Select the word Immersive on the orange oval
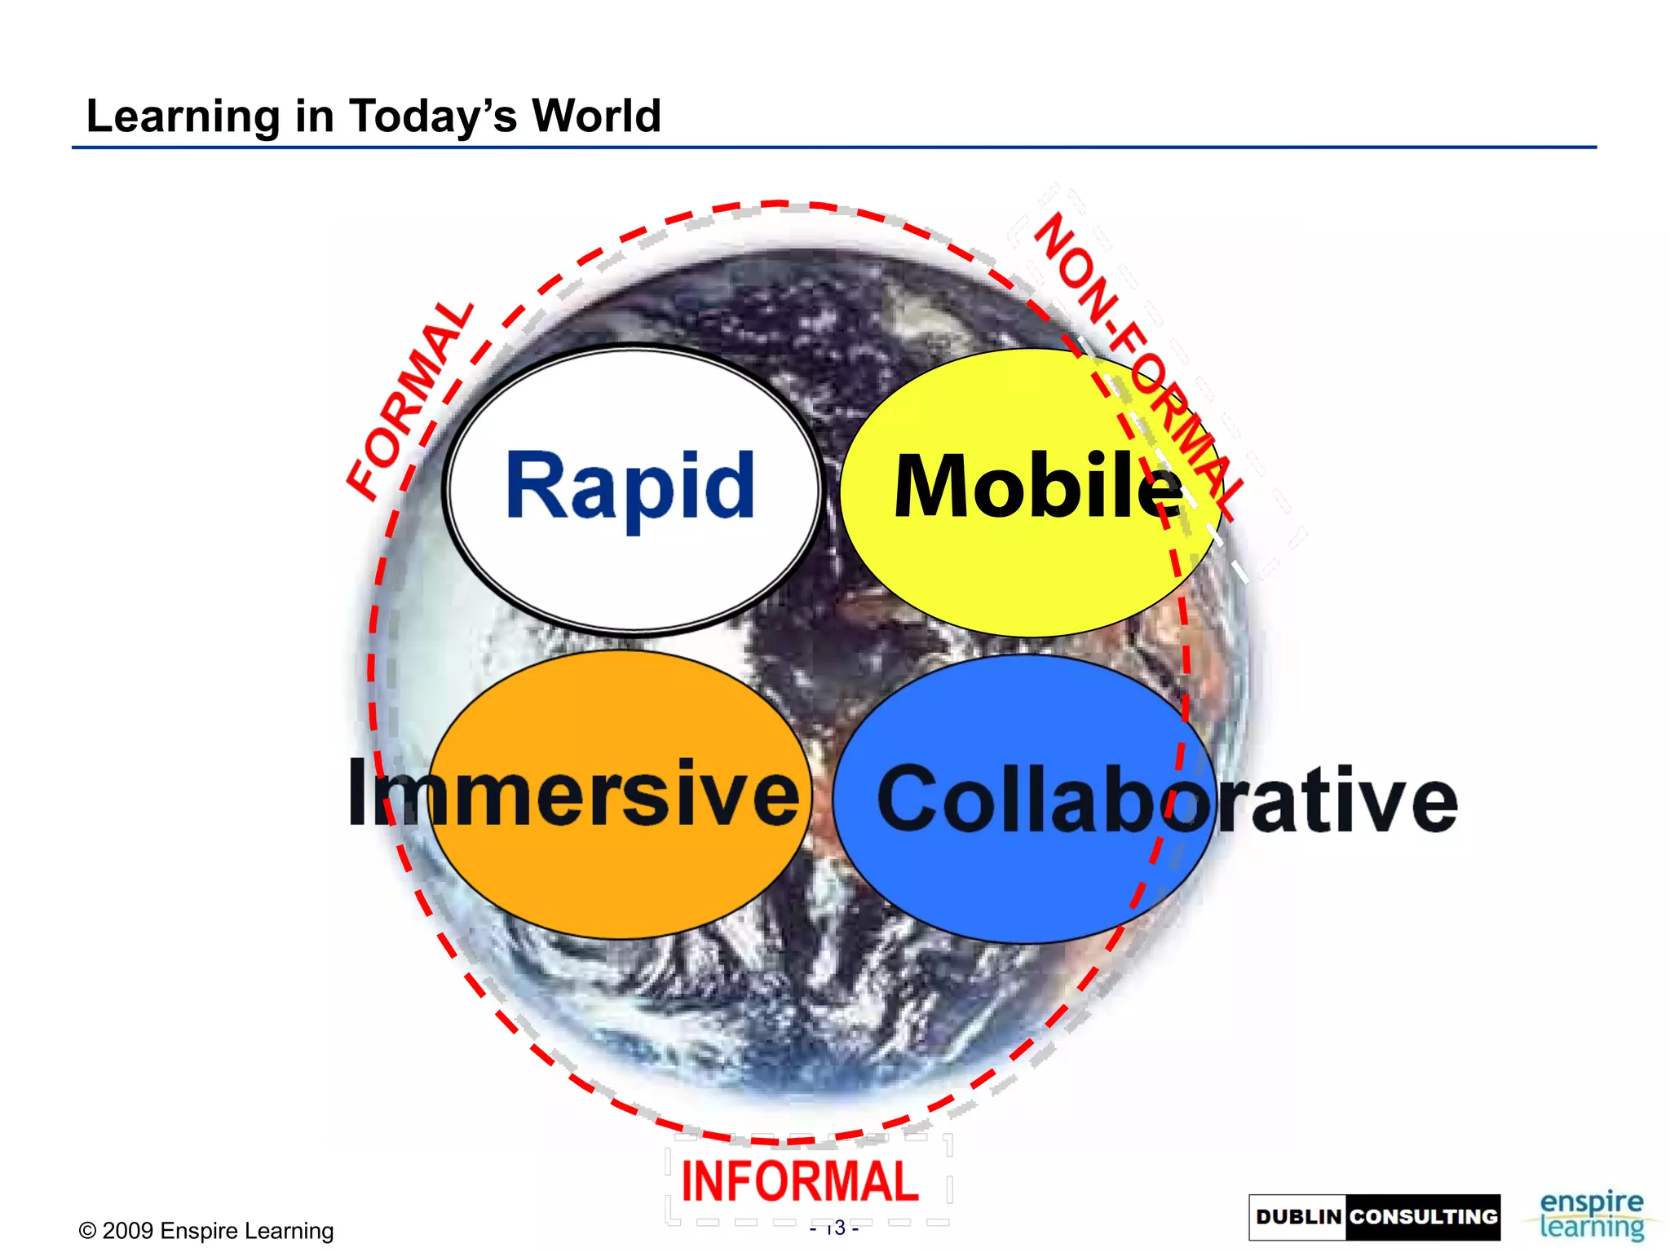click(573, 792)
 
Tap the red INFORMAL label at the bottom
click(800, 1181)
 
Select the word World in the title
click(596, 116)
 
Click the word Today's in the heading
click(432, 116)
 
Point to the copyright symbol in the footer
click(87, 1231)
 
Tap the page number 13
click(835, 1228)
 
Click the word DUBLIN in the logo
click(1298, 1217)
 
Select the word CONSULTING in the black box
click(1423, 1217)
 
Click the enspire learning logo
click(1591, 1215)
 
